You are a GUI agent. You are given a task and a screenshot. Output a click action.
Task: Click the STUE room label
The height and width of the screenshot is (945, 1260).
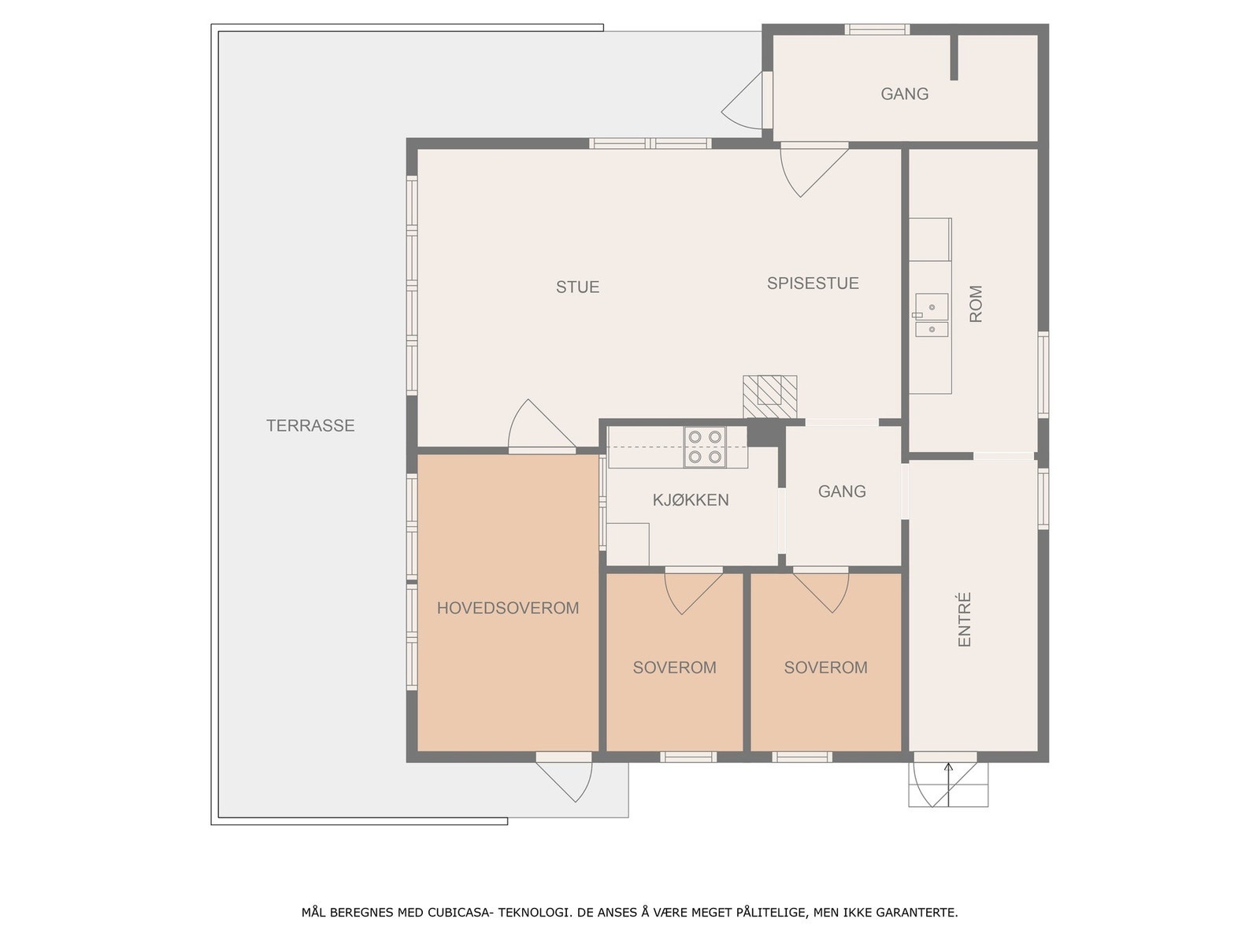point(577,287)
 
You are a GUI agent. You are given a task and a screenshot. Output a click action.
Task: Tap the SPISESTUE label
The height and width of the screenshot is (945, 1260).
point(813,283)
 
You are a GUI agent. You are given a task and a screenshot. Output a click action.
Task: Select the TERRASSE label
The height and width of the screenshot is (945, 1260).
point(310,426)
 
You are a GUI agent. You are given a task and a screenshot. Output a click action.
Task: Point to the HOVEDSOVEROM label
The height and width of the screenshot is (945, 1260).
point(508,608)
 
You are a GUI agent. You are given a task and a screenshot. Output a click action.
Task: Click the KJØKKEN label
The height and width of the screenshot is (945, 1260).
point(691,500)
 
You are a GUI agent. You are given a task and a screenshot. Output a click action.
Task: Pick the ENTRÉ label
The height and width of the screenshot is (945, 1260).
point(965,620)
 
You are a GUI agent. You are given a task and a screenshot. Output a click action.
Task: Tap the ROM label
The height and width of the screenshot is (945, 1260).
point(976,304)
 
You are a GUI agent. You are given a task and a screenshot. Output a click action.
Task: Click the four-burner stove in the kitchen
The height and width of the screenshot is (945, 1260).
point(705,447)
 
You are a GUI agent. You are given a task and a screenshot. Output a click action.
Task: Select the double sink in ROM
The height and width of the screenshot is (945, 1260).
point(932,316)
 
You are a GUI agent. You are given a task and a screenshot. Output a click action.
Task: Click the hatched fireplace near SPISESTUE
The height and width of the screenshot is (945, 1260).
point(769,395)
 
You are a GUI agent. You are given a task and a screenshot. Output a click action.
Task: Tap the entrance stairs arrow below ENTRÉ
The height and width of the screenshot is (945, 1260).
point(948,784)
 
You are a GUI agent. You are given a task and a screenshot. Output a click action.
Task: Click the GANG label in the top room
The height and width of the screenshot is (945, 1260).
point(904,94)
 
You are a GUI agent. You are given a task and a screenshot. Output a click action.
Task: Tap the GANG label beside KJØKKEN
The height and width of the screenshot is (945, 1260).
point(842,491)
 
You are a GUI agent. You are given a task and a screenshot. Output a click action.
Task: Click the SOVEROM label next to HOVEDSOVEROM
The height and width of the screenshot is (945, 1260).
point(674,668)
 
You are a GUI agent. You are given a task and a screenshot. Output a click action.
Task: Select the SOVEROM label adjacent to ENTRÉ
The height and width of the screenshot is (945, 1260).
point(825,668)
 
